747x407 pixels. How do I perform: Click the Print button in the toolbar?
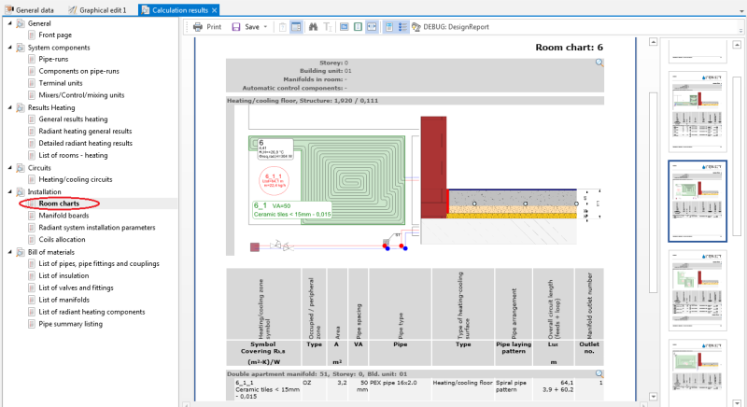[207, 27]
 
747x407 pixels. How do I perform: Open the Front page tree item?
[55, 35]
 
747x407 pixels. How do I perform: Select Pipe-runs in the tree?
[55, 59]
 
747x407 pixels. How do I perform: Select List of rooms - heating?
[80, 155]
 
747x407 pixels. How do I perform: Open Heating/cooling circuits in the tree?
[76, 179]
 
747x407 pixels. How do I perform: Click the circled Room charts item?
[60, 203]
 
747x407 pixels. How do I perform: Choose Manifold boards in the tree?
[64, 216]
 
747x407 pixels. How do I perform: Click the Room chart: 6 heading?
[570, 47]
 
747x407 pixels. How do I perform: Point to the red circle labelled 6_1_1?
[274, 179]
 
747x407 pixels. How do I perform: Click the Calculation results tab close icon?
[215, 9]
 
